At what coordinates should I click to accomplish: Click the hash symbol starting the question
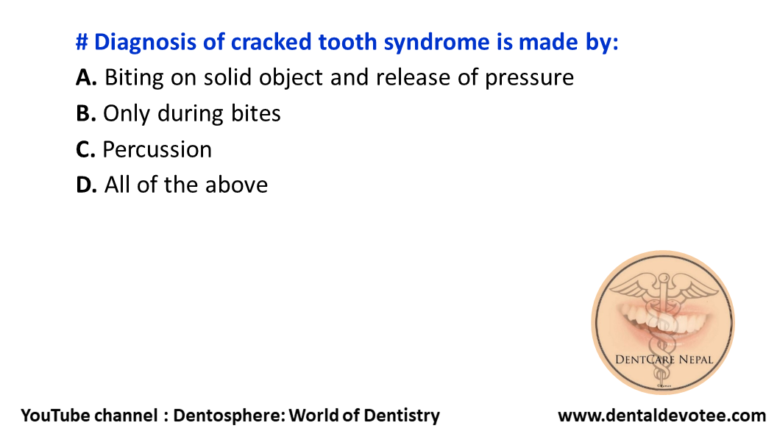82,43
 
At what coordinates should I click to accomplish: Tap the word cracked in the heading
271,43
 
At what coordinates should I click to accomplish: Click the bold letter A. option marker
87,77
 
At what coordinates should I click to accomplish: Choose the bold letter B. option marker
86,113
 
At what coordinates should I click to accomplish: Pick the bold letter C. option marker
86,149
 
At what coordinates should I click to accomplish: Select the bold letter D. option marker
87,185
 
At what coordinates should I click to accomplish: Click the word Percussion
157,149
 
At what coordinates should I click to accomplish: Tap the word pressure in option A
529,77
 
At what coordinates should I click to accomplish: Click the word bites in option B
254,113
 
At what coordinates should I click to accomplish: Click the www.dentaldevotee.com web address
661,416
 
